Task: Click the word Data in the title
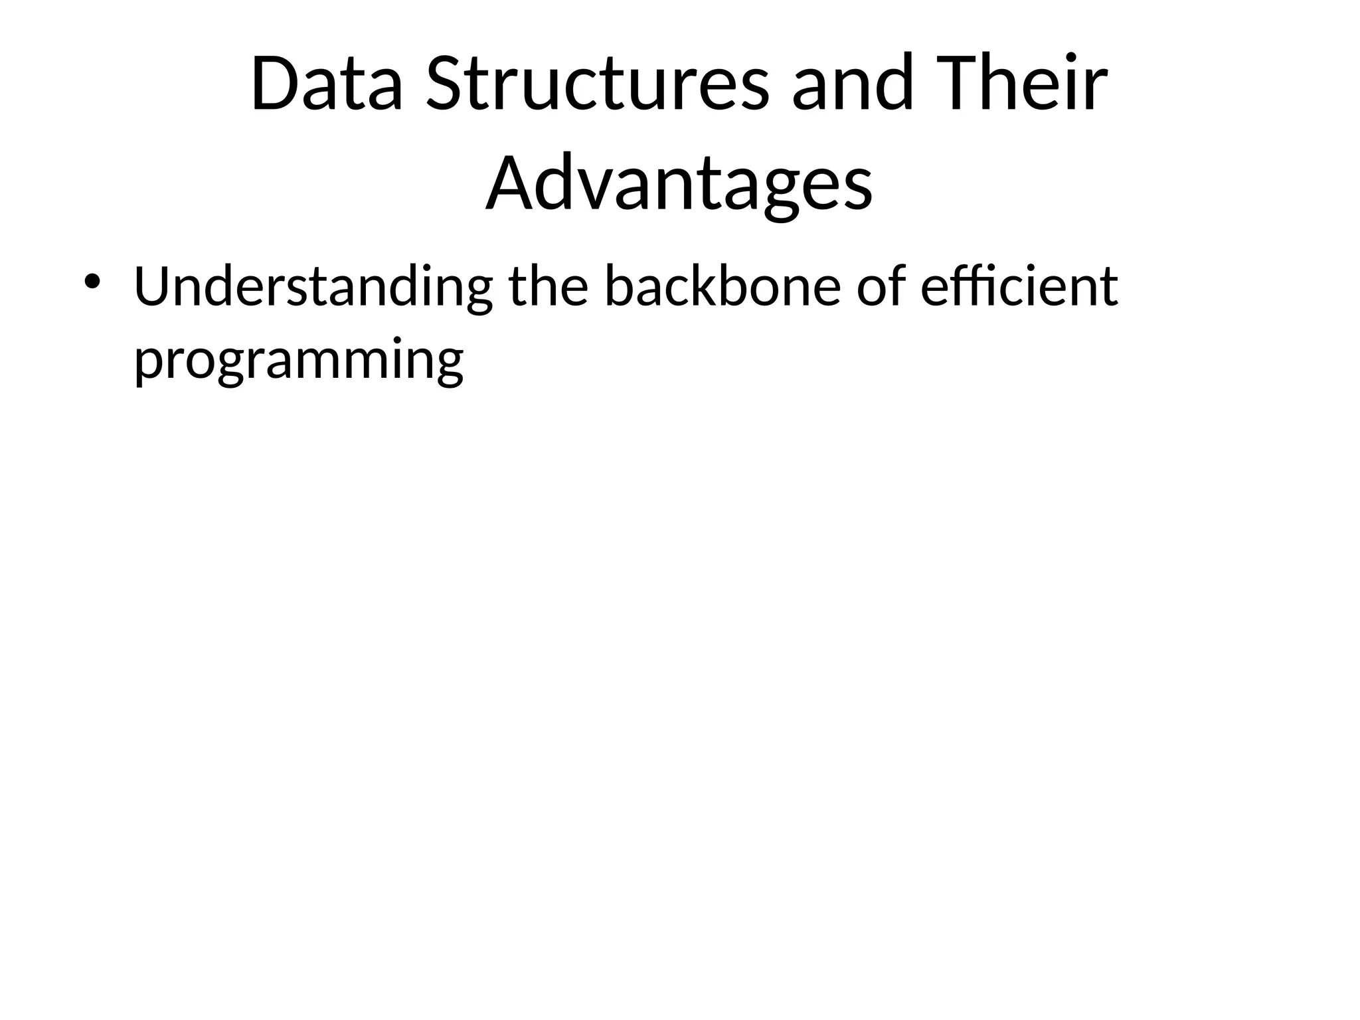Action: coord(327,85)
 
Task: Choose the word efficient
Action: coord(1019,287)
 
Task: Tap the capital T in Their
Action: coord(952,85)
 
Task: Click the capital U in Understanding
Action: coord(153,287)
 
